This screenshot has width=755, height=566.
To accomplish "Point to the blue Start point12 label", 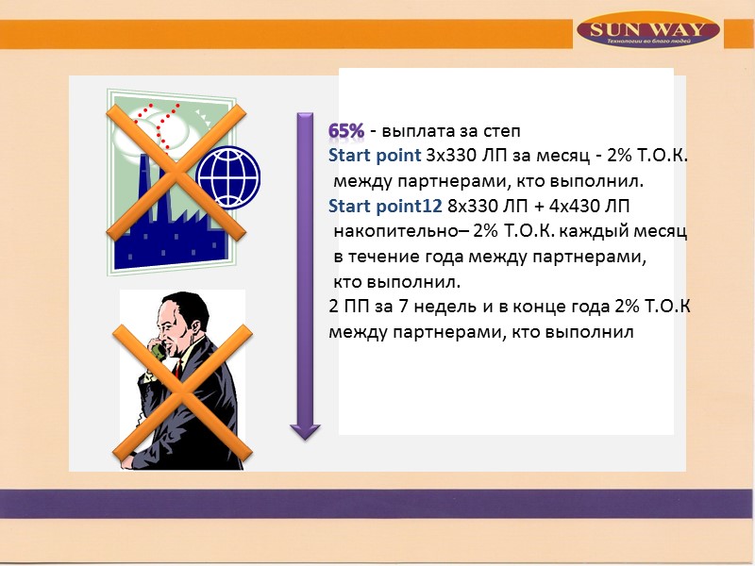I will (376, 207).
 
